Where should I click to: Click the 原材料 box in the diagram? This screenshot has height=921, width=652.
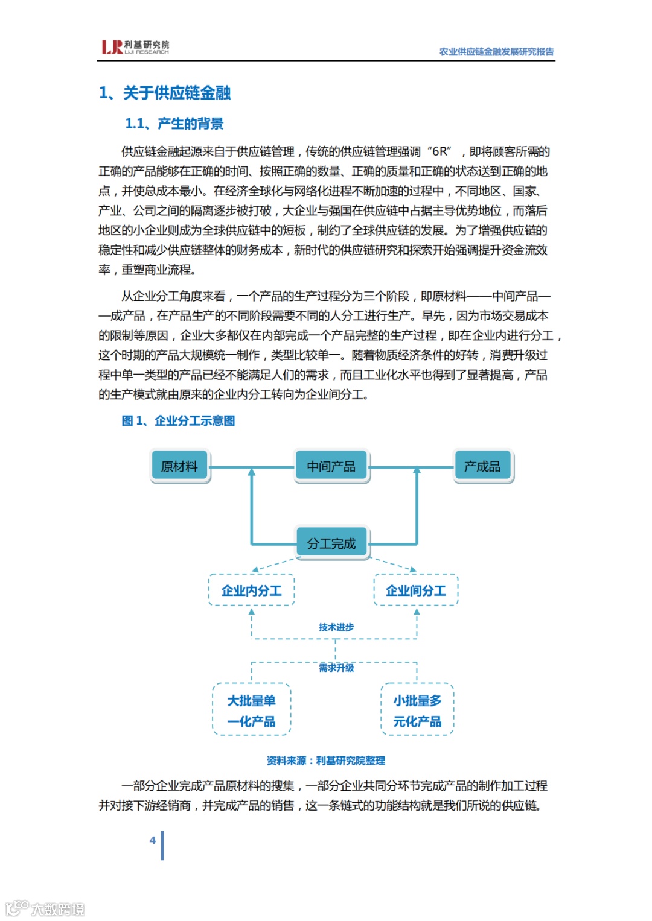[180, 466]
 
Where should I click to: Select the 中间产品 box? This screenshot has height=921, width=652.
[331, 466]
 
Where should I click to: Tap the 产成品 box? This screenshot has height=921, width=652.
[483, 466]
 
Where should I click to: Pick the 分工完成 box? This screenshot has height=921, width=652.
[331, 543]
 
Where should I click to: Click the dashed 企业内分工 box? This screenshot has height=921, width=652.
[251, 590]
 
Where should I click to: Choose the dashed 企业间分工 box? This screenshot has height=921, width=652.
[416, 590]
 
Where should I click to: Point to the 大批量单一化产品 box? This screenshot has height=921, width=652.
[251, 711]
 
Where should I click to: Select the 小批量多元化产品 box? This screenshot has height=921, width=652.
[417, 711]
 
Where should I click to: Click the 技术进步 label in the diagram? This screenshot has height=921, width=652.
[336, 627]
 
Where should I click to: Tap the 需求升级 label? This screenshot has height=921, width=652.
[336, 668]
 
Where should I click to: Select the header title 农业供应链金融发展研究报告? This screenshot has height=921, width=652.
[496, 52]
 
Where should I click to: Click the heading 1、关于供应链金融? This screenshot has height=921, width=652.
[165, 93]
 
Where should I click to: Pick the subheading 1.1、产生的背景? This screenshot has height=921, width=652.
[174, 124]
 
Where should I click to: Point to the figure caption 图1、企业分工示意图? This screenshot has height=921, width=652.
[178, 420]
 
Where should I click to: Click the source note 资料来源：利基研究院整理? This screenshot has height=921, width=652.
[326, 761]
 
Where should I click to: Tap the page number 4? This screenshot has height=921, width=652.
[153, 840]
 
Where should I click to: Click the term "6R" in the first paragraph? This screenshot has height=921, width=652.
[440, 151]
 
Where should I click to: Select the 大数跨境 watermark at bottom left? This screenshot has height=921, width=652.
[45, 908]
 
